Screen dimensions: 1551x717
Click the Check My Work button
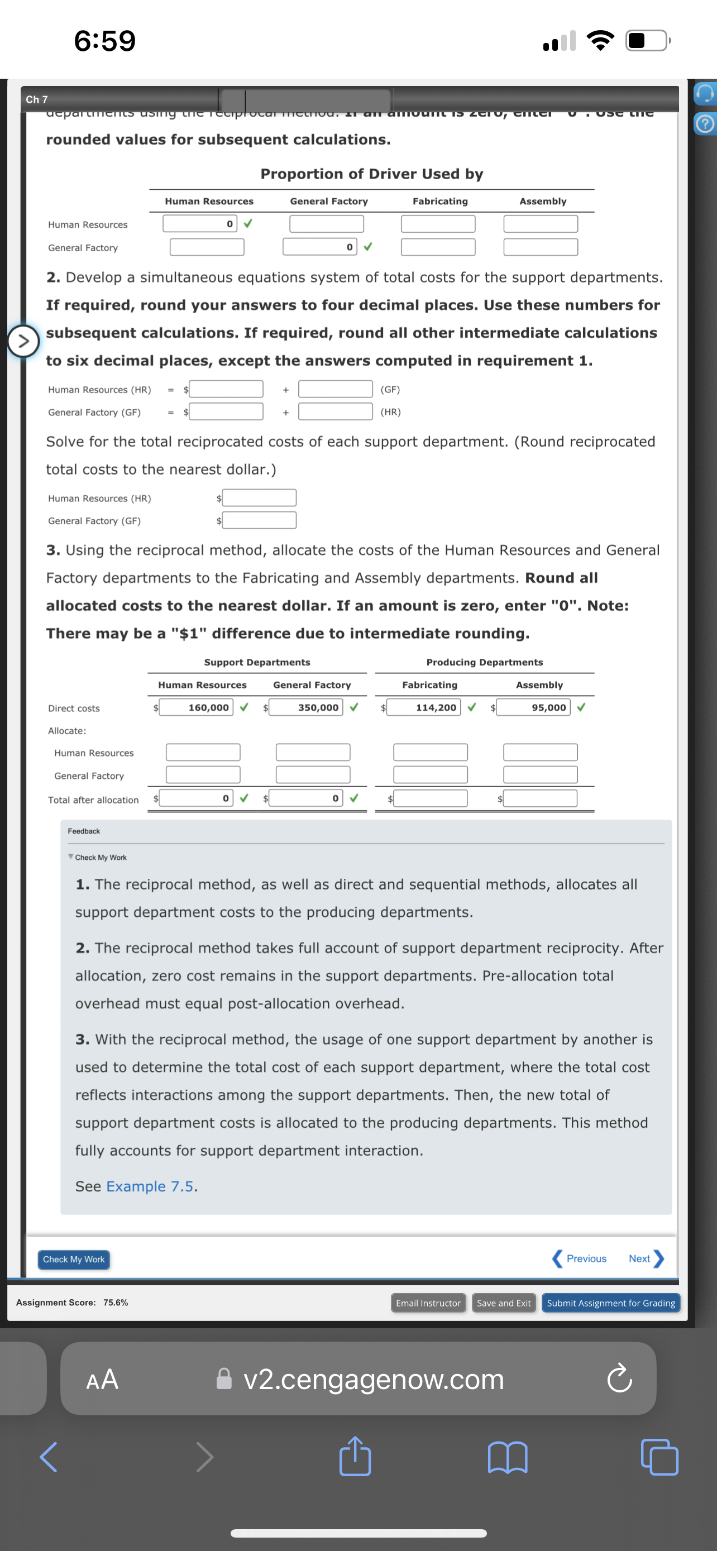pos(74,1259)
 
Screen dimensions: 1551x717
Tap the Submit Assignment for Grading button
pos(610,1303)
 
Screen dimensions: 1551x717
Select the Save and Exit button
pos(503,1303)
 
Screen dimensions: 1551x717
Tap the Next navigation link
pos(645,1259)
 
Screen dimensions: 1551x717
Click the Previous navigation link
pos(580,1259)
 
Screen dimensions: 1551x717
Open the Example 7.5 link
pos(150,1186)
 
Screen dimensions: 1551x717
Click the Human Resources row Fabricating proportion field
pos(438,224)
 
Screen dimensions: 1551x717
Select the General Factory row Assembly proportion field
pos(540,247)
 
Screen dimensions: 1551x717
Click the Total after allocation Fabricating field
pos(431,798)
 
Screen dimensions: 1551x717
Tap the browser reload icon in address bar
pos(619,1380)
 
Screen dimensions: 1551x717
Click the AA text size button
pos(102,1380)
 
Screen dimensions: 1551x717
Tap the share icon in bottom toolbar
pos(355,1457)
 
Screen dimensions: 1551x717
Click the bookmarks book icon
pos(507,1457)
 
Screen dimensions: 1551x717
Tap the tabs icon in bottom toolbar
pos(659,1457)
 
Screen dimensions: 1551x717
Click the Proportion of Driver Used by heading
pos(371,174)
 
